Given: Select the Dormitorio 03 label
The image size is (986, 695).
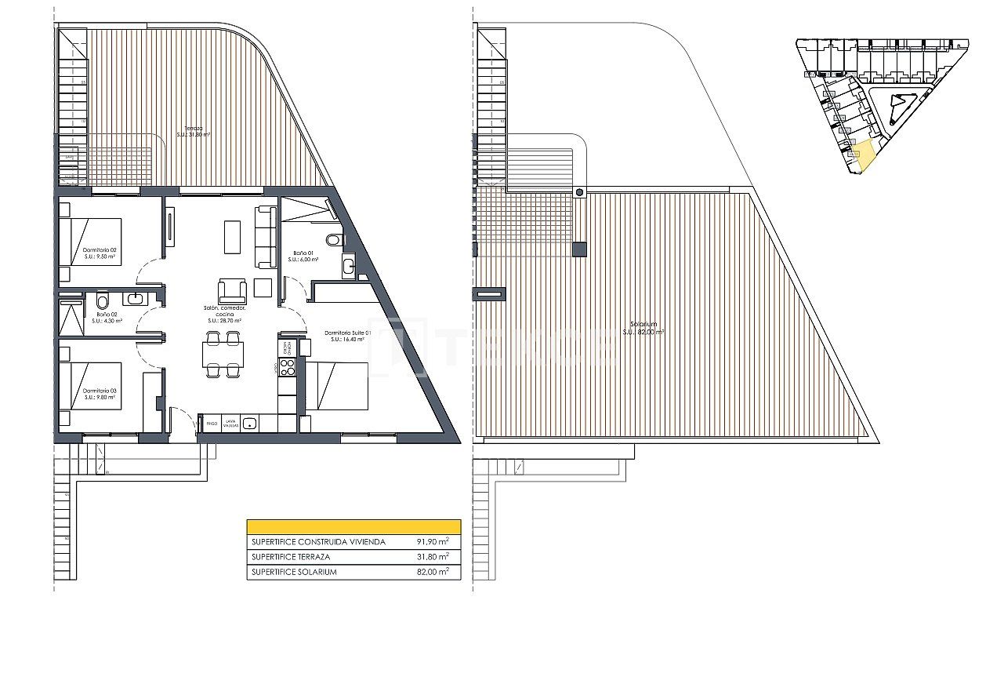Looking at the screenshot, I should tap(100, 394).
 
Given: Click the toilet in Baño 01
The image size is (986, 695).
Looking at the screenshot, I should tap(334, 239).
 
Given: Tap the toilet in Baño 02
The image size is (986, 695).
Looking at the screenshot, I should tap(102, 301).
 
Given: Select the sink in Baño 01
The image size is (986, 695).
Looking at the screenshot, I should tap(348, 267).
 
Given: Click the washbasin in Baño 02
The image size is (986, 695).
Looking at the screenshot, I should tap(135, 299).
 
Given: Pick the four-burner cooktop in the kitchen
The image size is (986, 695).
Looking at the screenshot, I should tap(287, 368).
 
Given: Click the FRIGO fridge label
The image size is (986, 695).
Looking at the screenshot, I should tap(211, 424).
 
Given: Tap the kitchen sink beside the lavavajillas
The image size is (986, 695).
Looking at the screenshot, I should tap(249, 424).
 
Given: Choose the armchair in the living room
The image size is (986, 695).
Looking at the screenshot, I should tap(232, 291).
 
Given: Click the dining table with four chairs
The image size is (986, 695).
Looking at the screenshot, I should tap(223, 355).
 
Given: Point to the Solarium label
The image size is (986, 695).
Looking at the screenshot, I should tap(643, 328).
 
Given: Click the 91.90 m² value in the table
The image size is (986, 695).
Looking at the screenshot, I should tap(433, 541).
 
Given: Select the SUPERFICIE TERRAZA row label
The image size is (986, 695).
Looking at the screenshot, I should tap(290, 557).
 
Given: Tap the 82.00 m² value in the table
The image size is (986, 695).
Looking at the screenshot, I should tap(433, 572).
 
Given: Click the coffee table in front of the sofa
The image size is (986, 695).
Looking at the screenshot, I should tap(232, 237).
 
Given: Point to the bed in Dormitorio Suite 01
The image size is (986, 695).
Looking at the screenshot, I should tap(337, 386).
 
